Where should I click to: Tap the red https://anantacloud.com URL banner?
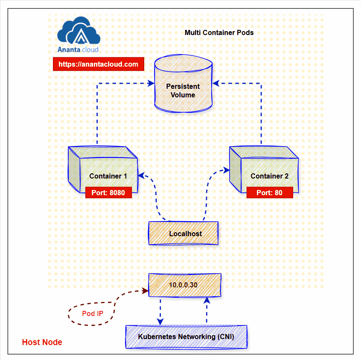click(99, 64)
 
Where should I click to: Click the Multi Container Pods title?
click(219, 33)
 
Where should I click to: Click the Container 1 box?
click(103, 171)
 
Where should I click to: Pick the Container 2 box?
click(264, 171)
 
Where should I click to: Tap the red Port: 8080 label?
click(108, 193)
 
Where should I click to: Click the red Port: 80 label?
click(269, 193)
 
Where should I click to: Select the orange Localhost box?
click(183, 234)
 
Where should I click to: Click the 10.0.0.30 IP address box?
click(185, 285)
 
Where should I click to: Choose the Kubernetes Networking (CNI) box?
click(186, 337)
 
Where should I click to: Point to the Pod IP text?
click(93, 313)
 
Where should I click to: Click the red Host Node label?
click(42, 342)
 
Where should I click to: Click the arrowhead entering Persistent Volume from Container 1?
click(151, 83)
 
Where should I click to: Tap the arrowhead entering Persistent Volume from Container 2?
click(216, 83)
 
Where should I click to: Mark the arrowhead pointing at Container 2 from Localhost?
click(225, 170)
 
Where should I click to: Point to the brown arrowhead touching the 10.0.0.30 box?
click(144, 291)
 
